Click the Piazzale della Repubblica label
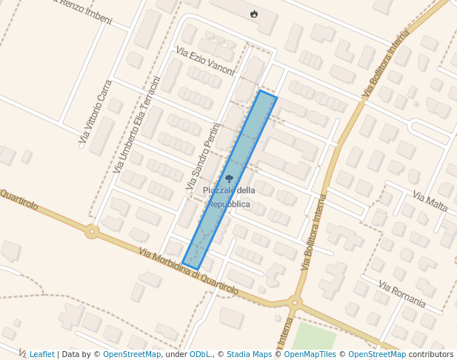pos(228,197)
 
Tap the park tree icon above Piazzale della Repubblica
pos(229,179)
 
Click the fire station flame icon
pos(254,13)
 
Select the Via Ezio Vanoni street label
pos(205,61)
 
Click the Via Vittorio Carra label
pos(96,111)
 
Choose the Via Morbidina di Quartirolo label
pos(188,271)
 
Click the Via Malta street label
pos(430,201)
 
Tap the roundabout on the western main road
pos(92,232)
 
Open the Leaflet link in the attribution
pos(41,355)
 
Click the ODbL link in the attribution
pos(199,355)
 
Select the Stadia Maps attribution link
pos(249,355)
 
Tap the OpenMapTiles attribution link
pos(309,355)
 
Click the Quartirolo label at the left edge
pos(19,199)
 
